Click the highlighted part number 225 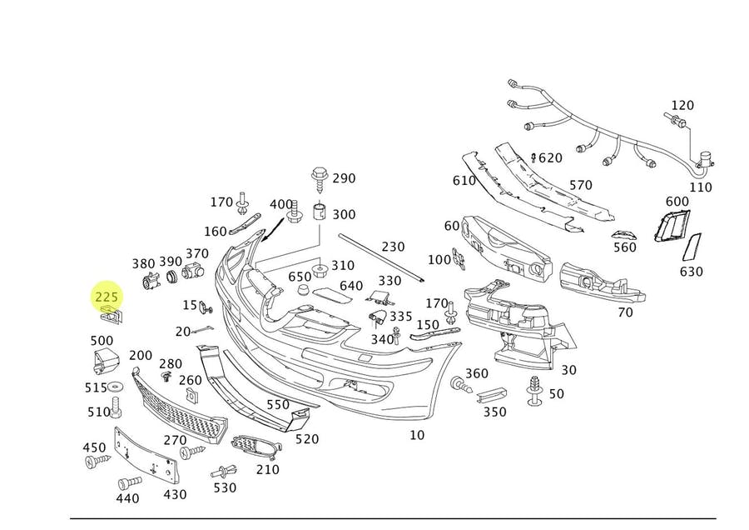click(x=107, y=297)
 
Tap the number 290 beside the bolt click(x=344, y=178)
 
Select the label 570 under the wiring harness click(x=580, y=185)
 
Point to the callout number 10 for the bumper click(x=417, y=434)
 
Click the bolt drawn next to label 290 click(x=319, y=177)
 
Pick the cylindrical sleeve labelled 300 click(x=317, y=211)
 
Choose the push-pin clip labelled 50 click(x=533, y=390)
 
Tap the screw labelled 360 click(x=459, y=385)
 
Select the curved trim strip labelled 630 click(x=692, y=247)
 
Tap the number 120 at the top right click(x=682, y=105)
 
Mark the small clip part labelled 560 click(x=623, y=233)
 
